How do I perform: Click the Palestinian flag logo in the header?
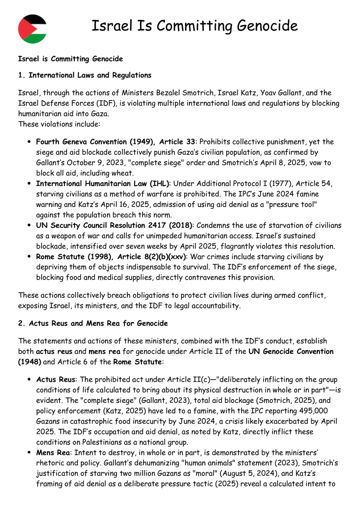pos(32,28)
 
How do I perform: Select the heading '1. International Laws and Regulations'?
pos(84,76)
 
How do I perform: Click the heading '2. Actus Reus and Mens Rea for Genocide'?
pos(93,323)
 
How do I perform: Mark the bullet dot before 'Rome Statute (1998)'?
pos(28,257)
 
